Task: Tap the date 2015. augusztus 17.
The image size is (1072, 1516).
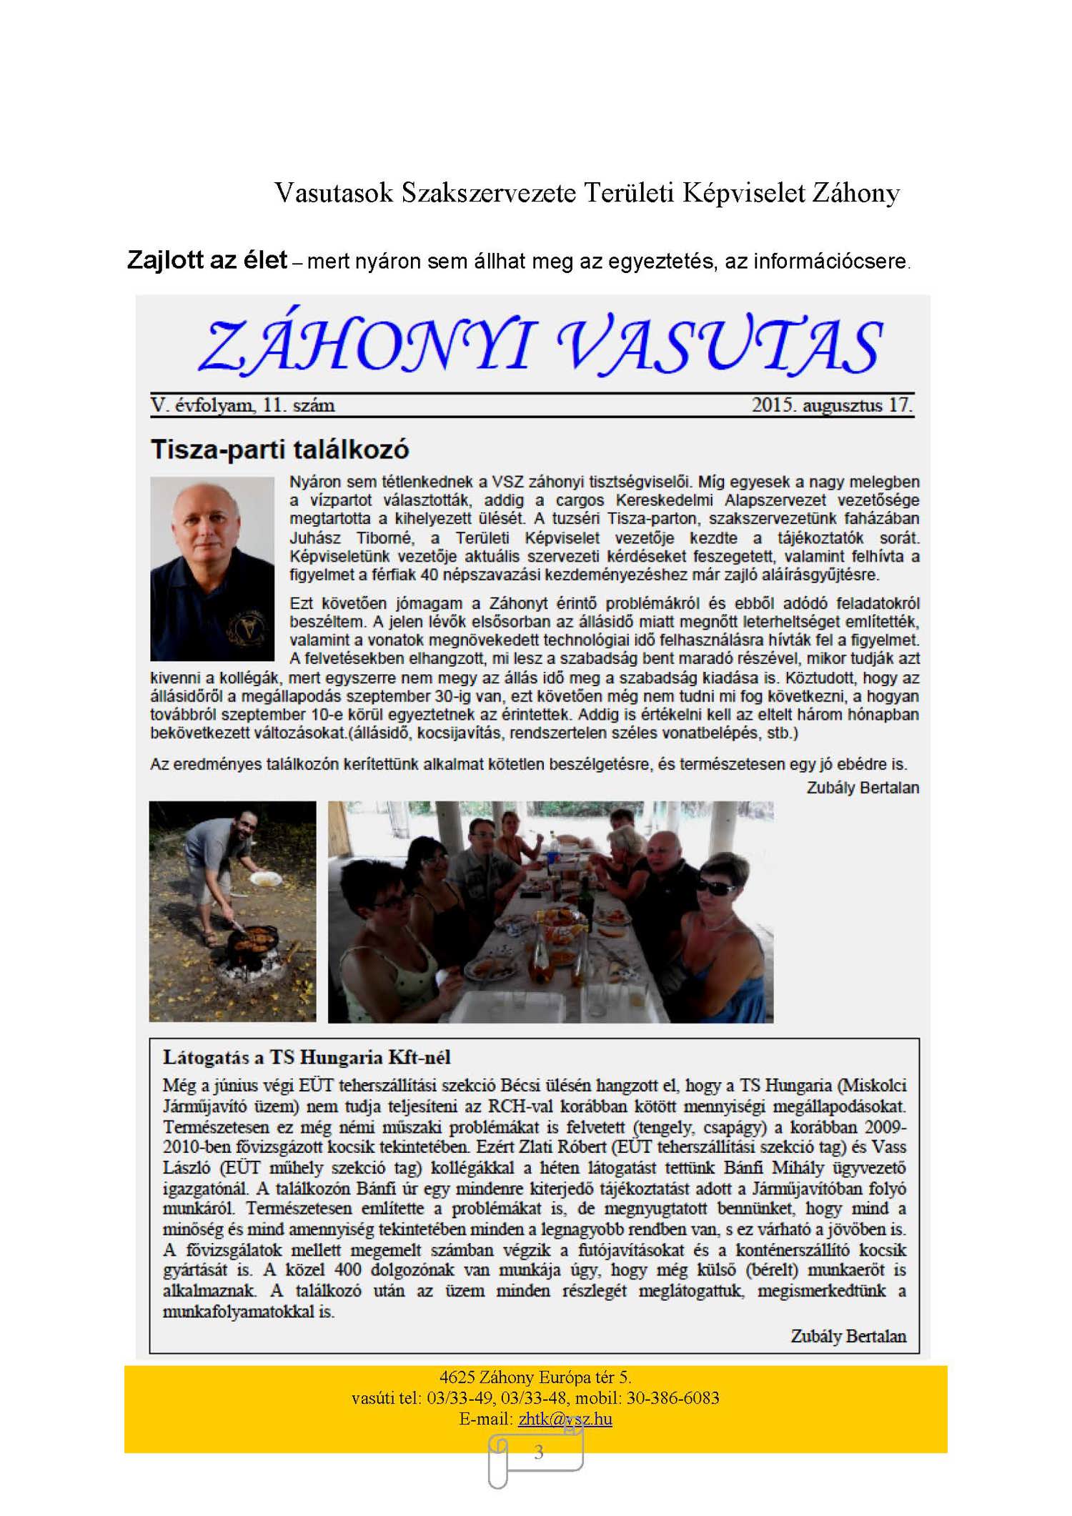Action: click(x=832, y=405)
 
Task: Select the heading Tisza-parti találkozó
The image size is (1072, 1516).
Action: click(x=279, y=450)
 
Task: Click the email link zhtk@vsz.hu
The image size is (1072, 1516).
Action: click(x=565, y=1419)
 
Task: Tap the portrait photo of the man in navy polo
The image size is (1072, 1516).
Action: click(x=212, y=568)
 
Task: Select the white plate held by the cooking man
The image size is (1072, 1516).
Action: click(x=265, y=878)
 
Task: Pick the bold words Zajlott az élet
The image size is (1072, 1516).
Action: click(x=207, y=260)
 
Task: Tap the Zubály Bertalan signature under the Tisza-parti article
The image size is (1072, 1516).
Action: click(x=863, y=788)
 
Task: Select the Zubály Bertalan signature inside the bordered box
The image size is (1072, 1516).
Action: click(x=848, y=1336)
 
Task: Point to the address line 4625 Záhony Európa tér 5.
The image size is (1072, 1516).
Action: click(x=535, y=1377)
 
